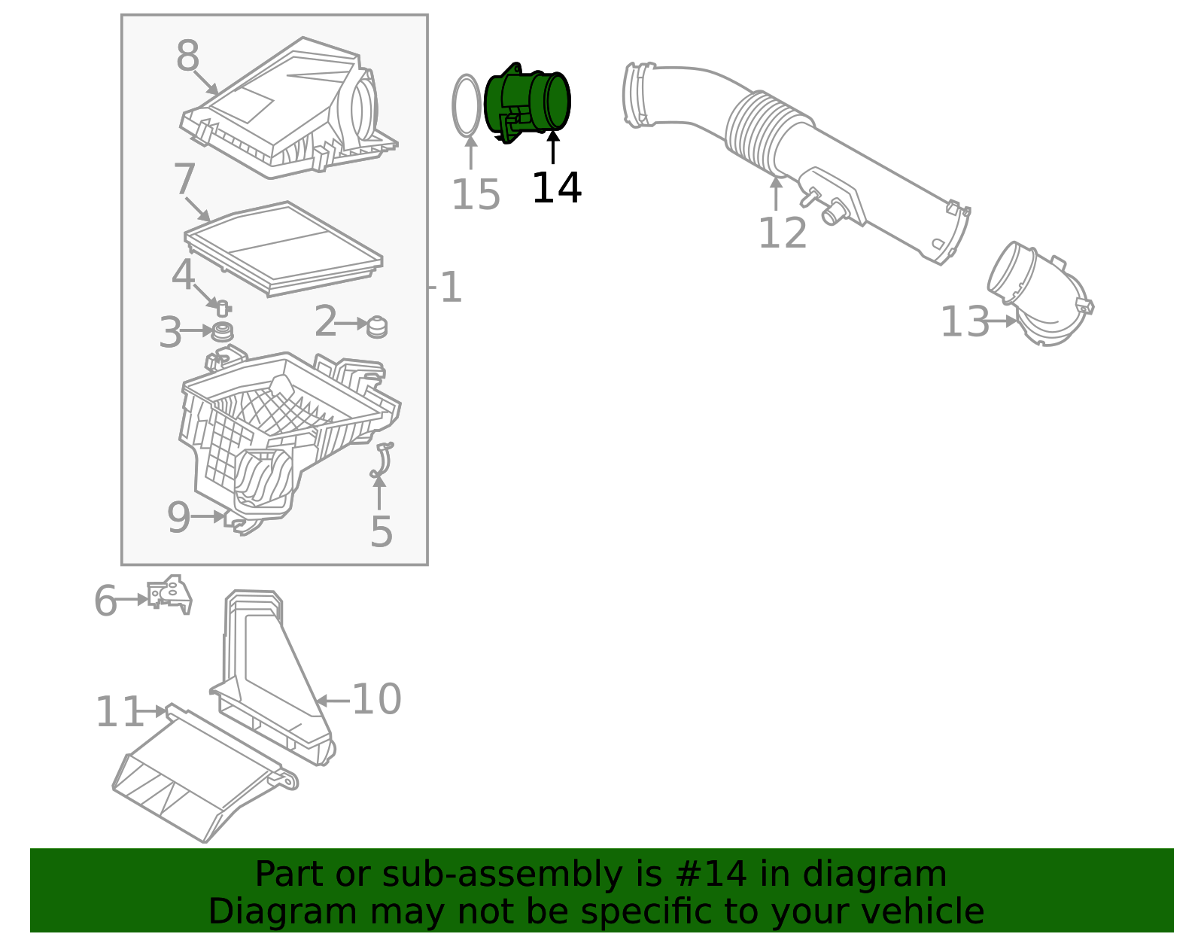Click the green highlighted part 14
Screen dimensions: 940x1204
(x=527, y=103)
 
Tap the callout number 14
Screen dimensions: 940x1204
(x=556, y=188)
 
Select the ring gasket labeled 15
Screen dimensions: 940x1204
(x=467, y=106)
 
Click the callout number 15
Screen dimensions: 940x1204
(x=476, y=196)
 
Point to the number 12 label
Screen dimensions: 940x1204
(x=782, y=233)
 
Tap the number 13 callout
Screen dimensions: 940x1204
(x=965, y=322)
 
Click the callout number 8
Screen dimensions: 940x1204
(x=187, y=56)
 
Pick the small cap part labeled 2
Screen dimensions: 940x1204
(x=377, y=327)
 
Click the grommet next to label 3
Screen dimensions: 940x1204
(x=222, y=331)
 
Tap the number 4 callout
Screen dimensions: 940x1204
(x=183, y=275)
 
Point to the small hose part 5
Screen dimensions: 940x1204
(x=382, y=461)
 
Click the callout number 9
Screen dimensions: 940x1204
(x=178, y=518)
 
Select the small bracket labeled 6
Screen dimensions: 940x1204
(x=169, y=594)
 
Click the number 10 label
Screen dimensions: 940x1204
(x=376, y=700)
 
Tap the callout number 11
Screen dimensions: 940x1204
(x=119, y=712)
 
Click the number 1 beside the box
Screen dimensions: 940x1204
(x=450, y=287)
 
